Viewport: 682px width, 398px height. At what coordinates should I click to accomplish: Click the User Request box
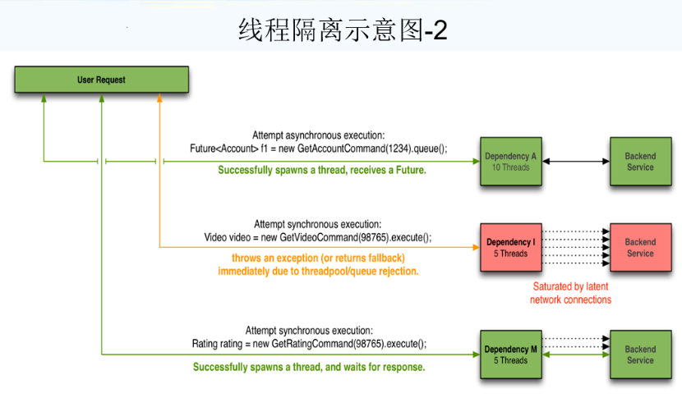[x=101, y=80]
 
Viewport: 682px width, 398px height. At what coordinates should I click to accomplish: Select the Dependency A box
[x=511, y=162]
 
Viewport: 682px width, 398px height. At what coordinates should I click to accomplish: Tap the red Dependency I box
[x=511, y=248]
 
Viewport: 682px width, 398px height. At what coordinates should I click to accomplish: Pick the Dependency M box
[x=511, y=355]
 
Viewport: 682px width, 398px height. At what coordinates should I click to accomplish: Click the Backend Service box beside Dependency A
[x=640, y=162]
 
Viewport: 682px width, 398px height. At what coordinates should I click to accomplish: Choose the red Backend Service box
[x=640, y=248]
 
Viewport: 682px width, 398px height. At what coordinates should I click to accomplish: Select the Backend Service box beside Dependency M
[x=640, y=355]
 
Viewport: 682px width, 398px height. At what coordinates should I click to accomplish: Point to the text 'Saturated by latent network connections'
[x=571, y=293]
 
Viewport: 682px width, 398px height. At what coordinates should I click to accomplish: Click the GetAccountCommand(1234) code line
[x=318, y=149]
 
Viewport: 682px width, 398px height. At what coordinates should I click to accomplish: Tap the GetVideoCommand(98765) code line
[x=317, y=236]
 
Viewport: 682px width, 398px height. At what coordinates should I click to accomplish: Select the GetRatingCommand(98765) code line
[x=309, y=343]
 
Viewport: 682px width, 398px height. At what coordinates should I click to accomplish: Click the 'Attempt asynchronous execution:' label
[x=318, y=135]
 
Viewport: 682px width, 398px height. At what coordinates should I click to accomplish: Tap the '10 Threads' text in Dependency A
[x=511, y=167]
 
